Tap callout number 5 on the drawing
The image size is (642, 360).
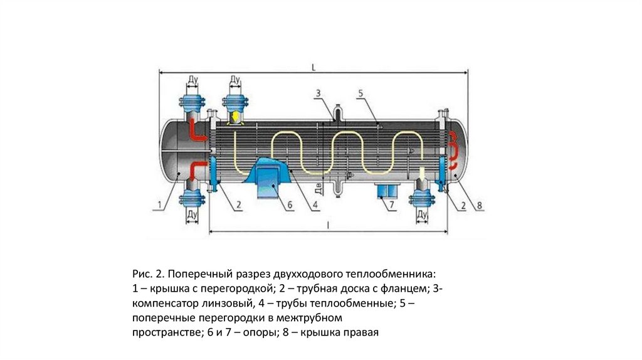coord(360,93)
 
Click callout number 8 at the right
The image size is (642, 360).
coord(480,205)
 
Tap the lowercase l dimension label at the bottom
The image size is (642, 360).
coord(327,224)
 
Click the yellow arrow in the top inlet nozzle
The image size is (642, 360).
coord(234,117)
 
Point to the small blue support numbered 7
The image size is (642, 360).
coord(384,190)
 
